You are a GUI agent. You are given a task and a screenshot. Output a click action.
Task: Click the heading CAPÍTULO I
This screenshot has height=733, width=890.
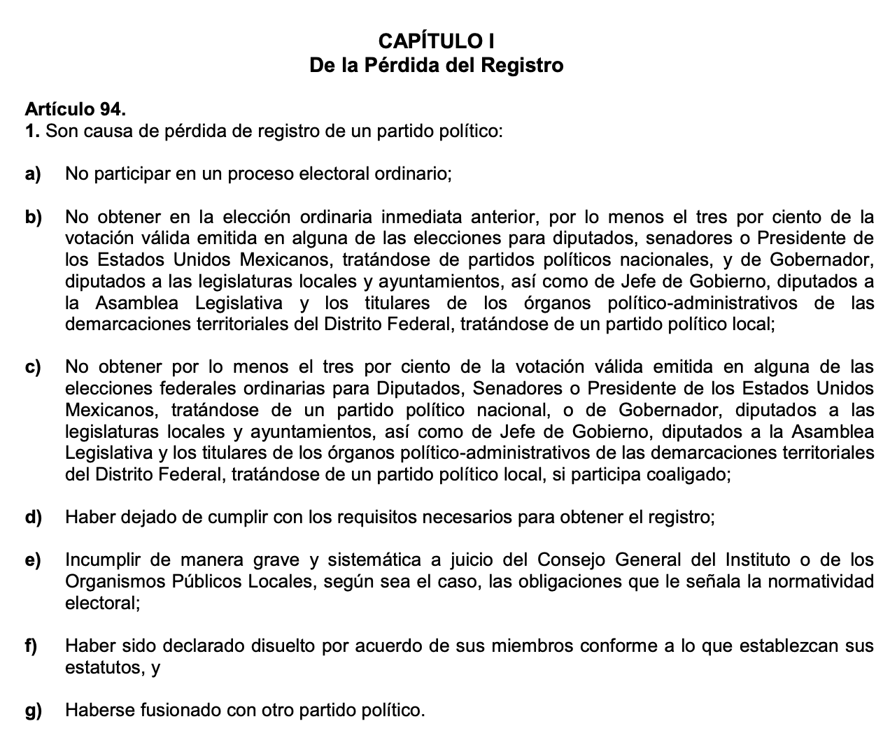click(437, 40)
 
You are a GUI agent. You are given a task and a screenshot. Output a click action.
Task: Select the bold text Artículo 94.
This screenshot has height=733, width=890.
click(76, 109)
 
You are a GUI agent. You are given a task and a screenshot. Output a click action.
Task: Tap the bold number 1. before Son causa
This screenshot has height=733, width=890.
click(32, 131)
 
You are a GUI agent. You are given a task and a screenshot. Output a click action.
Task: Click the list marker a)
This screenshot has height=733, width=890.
click(33, 173)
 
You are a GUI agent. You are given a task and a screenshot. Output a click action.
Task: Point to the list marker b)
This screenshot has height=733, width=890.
click(33, 217)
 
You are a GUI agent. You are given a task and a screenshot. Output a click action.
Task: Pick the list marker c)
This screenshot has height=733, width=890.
click(33, 367)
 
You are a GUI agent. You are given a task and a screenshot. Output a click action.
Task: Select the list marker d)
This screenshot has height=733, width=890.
click(33, 518)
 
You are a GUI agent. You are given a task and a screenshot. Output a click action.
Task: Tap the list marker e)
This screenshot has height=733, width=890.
click(33, 560)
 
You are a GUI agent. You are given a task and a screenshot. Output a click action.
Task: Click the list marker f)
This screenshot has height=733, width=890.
click(31, 646)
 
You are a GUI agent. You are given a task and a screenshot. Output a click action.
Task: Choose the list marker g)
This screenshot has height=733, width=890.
click(33, 711)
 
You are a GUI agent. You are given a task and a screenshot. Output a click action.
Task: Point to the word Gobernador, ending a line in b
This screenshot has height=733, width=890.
click(821, 259)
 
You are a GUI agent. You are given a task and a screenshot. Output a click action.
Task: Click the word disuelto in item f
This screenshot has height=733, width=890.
click(280, 646)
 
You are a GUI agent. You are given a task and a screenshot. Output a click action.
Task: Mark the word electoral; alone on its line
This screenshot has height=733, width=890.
click(102, 603)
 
